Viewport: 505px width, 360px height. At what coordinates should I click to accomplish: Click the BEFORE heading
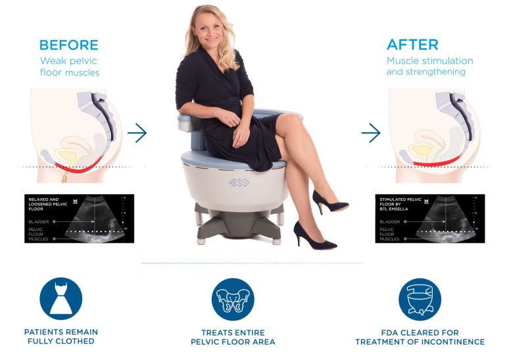tap(68, 45)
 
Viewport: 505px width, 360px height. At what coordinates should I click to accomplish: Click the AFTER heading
tap(412, 45)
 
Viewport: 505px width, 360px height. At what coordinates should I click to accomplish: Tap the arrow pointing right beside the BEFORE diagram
tap(137, 133)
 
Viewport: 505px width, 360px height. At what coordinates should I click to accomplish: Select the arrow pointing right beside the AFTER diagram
tap(371, 133)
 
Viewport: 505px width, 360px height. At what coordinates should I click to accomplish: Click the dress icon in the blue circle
tap(61, 298)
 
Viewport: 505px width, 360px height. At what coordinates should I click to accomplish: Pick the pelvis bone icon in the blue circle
tap(232, 299)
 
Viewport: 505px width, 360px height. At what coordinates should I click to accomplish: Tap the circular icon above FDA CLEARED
tap(420, 299)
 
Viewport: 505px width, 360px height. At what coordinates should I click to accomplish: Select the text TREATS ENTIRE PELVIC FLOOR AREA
tap(233, 337)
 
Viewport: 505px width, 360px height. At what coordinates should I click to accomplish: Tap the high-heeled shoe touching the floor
tap(314, 236)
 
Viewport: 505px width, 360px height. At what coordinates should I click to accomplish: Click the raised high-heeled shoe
tap(329, 201)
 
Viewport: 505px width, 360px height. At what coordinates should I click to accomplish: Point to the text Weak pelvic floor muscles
tap(70, 66)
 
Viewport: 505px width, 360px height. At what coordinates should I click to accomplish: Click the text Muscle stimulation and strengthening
tap(429, 66)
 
